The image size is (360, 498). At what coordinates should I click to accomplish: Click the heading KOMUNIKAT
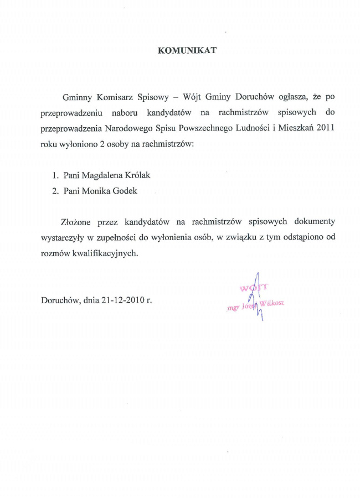[x=187, y=50]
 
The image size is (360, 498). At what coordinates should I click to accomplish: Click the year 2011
[x=325, y=128]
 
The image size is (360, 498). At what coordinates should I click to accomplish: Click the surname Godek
[x=125, y=191]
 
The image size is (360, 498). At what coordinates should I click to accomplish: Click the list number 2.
[x=55, y=191]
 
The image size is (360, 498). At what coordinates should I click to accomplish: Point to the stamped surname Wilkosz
[x=272, y=303]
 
